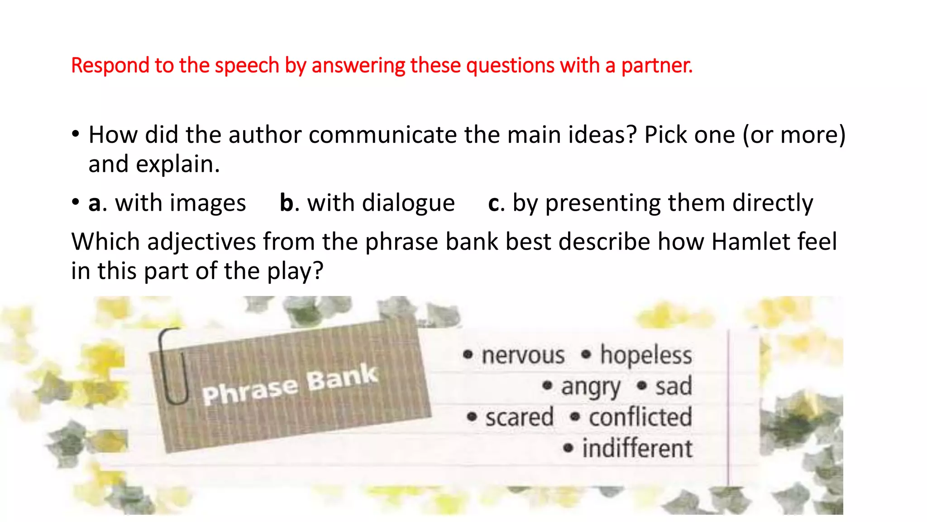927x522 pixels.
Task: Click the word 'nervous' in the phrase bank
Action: pos(523,355)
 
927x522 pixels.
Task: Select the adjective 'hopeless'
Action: pos(646,355)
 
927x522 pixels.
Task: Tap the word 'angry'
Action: pos(590,387)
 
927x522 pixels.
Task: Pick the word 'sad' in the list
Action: pos(674,387)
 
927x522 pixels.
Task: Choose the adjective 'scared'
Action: pos(519,417)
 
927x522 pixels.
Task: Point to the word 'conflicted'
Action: pos(640,417)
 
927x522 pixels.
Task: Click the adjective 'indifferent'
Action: pos(637,449)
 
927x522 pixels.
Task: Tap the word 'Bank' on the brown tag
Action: pos(342,378)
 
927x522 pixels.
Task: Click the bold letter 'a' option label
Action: pos(94,203)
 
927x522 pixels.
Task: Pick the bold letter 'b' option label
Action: pos(287,203)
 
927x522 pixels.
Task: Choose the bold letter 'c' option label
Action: pos(494,203)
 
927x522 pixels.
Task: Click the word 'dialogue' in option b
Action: pos(381,203)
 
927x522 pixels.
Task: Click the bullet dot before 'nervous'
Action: pos(468,354)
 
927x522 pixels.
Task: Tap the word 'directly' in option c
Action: pos(773,203)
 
